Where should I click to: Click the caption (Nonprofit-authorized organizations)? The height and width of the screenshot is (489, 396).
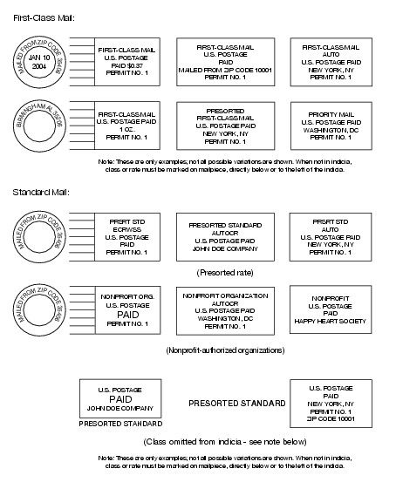click(x=224, y=350)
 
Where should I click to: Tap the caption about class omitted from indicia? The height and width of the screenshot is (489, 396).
click(x=224, y=442)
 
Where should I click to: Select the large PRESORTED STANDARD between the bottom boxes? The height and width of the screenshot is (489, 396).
click(x=237, y=404)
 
